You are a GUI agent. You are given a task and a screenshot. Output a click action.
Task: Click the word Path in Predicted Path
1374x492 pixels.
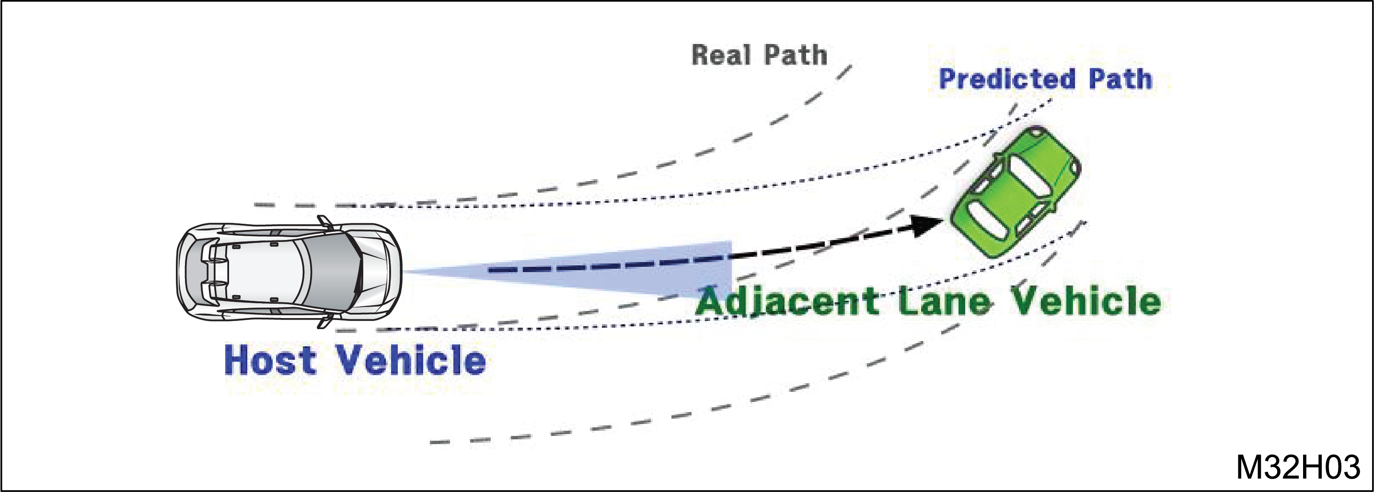pyautogui.click(x=1120, y=79)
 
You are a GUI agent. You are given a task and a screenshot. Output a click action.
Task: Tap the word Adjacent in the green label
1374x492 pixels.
pyautogui.click(x=787, y=301)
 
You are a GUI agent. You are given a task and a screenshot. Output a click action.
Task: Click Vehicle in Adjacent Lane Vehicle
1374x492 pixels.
pyautogui.click(x=1086, y=301)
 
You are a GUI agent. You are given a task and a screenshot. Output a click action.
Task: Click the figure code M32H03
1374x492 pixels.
pyautogui.click(x=1298, y=467)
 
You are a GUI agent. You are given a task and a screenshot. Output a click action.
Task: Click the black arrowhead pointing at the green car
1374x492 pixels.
pyautogui.click(x=927, y=225)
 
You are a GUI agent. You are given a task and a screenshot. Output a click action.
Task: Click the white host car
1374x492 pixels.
pyautogui.click(x=289, y=272)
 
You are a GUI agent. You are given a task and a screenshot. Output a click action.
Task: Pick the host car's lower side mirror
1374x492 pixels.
pyautogui.click(x=324, y=321)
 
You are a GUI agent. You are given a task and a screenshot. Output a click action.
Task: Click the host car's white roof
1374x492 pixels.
pyautogui.click(x=264, y=272)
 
